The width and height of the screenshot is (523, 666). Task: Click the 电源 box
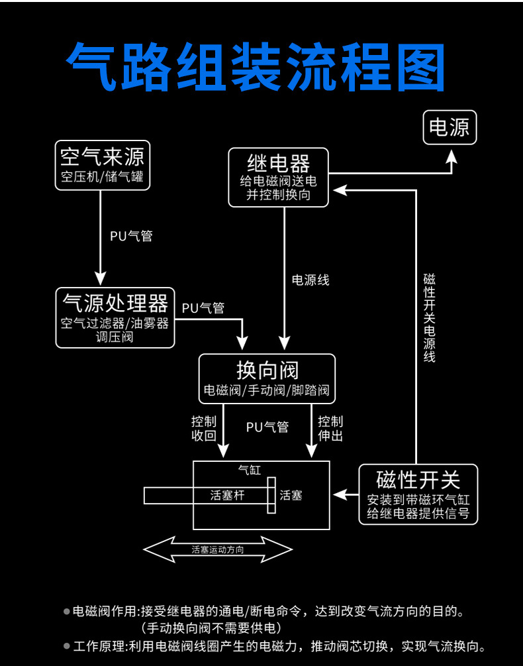pyautogui.click(x=450, y=127)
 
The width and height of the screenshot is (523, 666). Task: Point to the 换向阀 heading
pyautogui.click(x=267, y=370)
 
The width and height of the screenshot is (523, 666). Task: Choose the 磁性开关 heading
pyautogui.click(x=418, y=479)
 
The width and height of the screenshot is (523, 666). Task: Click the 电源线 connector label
pyautogui.click(x=310, y=280)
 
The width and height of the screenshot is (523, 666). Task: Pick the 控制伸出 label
pyautogui.click(x=330, y=429)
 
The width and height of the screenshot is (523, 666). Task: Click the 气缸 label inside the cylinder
pyautogui.click(x=250, y=470)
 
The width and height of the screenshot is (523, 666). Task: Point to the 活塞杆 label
pyautogui.click(x=228, y=495)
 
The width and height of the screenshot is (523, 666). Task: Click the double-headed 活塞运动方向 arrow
pyautogui.click(x=218, y=549)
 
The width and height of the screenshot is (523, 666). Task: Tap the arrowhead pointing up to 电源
pyautogui.click(x=452, y=156)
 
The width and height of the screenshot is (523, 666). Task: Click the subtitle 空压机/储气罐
pyautogui.click(x=102, y=178)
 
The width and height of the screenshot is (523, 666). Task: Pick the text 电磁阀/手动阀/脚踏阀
pyautogui.click(x=267, y=390)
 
